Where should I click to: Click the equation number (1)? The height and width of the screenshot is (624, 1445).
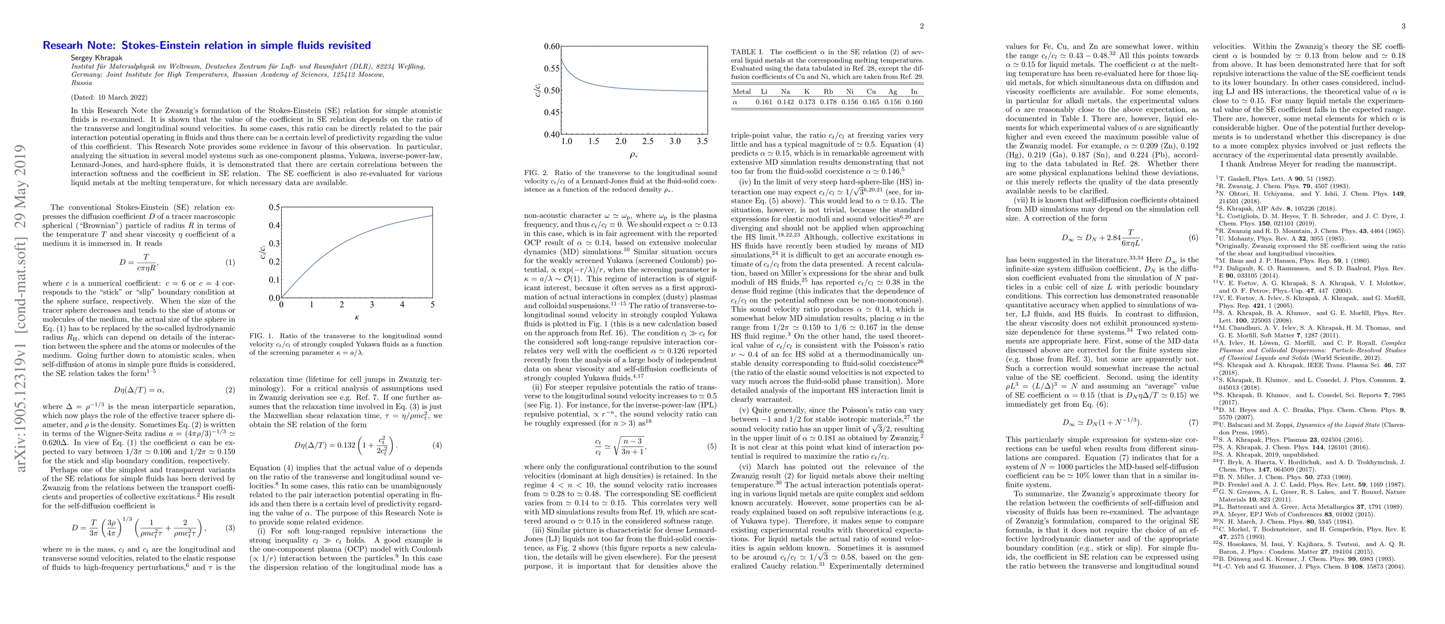tap(230, 263)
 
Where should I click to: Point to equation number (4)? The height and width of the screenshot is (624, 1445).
tap(437, 446)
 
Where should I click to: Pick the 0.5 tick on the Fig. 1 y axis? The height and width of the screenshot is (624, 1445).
tap(274, 207)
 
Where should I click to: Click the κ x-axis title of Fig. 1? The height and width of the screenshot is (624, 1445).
tap(357, 318)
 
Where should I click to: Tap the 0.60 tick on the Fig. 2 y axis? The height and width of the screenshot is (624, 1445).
tap(552, 47)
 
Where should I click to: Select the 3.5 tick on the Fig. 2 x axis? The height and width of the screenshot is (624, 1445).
tap(702, 141)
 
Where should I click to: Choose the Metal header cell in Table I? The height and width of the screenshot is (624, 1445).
tap(741, 91)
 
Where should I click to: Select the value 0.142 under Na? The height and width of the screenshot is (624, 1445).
tap(785, 102)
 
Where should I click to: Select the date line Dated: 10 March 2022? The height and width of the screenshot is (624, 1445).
tap(107, 97)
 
